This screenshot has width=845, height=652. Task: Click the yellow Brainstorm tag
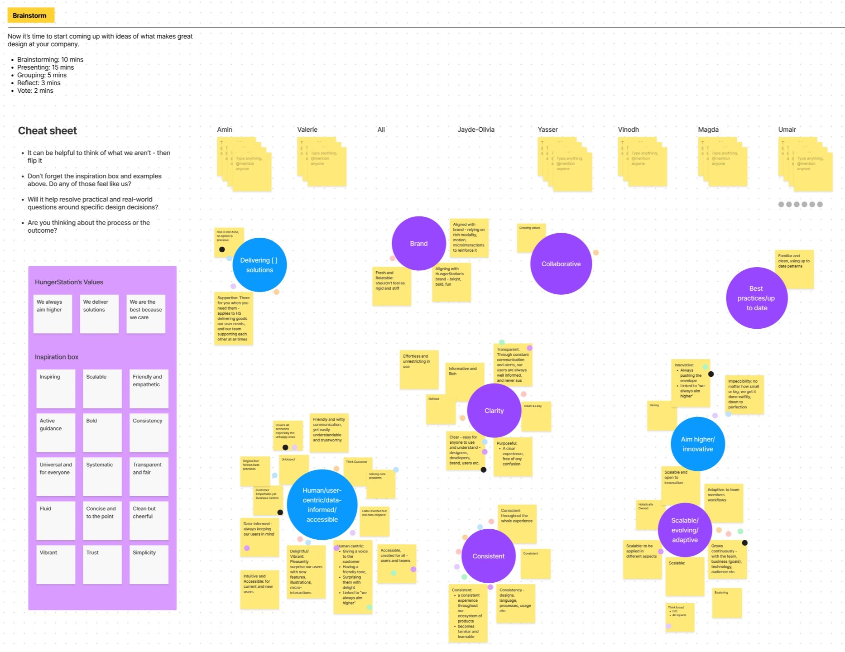(30, 15)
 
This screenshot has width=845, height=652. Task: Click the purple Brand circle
(419, 244)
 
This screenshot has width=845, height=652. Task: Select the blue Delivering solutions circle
(259, 265)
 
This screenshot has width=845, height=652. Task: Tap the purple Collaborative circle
(561, 264)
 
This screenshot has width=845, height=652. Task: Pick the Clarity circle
(494, 411)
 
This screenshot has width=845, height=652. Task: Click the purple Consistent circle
(488, 556)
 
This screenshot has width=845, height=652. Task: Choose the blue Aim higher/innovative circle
(697, 444)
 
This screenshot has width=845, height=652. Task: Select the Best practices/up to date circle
(756, 298)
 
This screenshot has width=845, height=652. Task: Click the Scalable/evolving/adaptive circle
(685, 530)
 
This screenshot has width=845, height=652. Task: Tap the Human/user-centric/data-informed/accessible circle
(322, 505)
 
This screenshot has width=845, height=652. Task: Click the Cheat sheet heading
(48, 131)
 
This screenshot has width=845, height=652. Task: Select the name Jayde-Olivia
(476, 129)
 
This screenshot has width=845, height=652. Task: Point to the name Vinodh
(629, 129)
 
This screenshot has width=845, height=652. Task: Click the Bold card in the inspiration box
(102, 432)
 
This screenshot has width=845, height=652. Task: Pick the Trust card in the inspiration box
(102, 564)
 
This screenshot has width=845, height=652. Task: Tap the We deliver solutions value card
(99, 314)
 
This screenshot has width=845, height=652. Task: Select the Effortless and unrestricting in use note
(419, 369)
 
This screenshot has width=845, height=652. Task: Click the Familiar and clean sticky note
(794, 269)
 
